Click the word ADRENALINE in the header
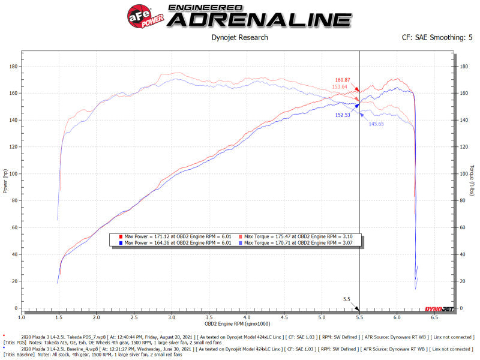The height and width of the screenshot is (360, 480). click(x=259, y=19)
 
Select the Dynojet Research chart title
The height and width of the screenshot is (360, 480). click(x=240, y=38)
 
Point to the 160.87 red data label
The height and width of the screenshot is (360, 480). click(x=343, y=80)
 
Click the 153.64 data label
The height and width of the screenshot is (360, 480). click(x=340, y=87)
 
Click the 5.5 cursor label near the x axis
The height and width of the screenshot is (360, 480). click(x=346, y=299)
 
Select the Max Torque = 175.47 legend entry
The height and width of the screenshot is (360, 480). click(x=300, y=236)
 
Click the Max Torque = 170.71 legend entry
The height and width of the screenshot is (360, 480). click(x=300, y=243)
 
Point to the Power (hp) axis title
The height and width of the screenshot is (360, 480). click(x=5, y=179)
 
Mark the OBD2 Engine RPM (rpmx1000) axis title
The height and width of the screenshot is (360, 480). click(x=237, y=323)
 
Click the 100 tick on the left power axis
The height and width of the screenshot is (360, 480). click(x=11, y=174)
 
